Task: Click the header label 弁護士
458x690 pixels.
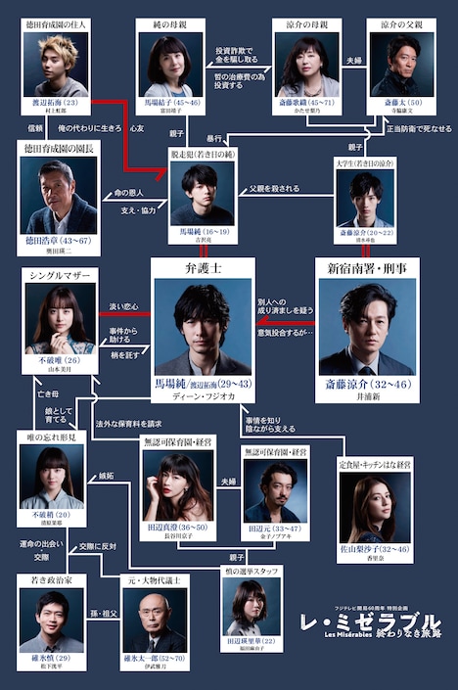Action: coord(202,268)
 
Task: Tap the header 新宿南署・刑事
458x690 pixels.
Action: coord(366,268)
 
